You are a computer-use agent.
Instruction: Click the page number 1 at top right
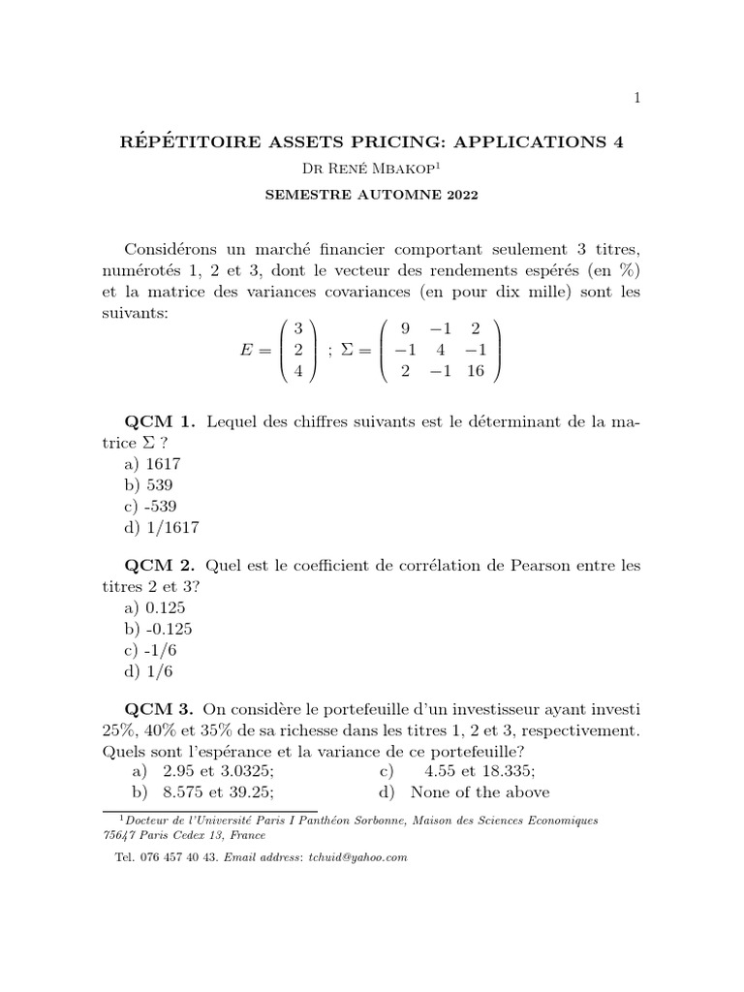coord(636,97)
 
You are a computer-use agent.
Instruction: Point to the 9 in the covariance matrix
coord(405,327)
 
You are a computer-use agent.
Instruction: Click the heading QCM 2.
coord(160,564)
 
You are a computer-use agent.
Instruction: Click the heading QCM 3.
coord(160,707)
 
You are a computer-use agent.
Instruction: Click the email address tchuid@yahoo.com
coord(356,857)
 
